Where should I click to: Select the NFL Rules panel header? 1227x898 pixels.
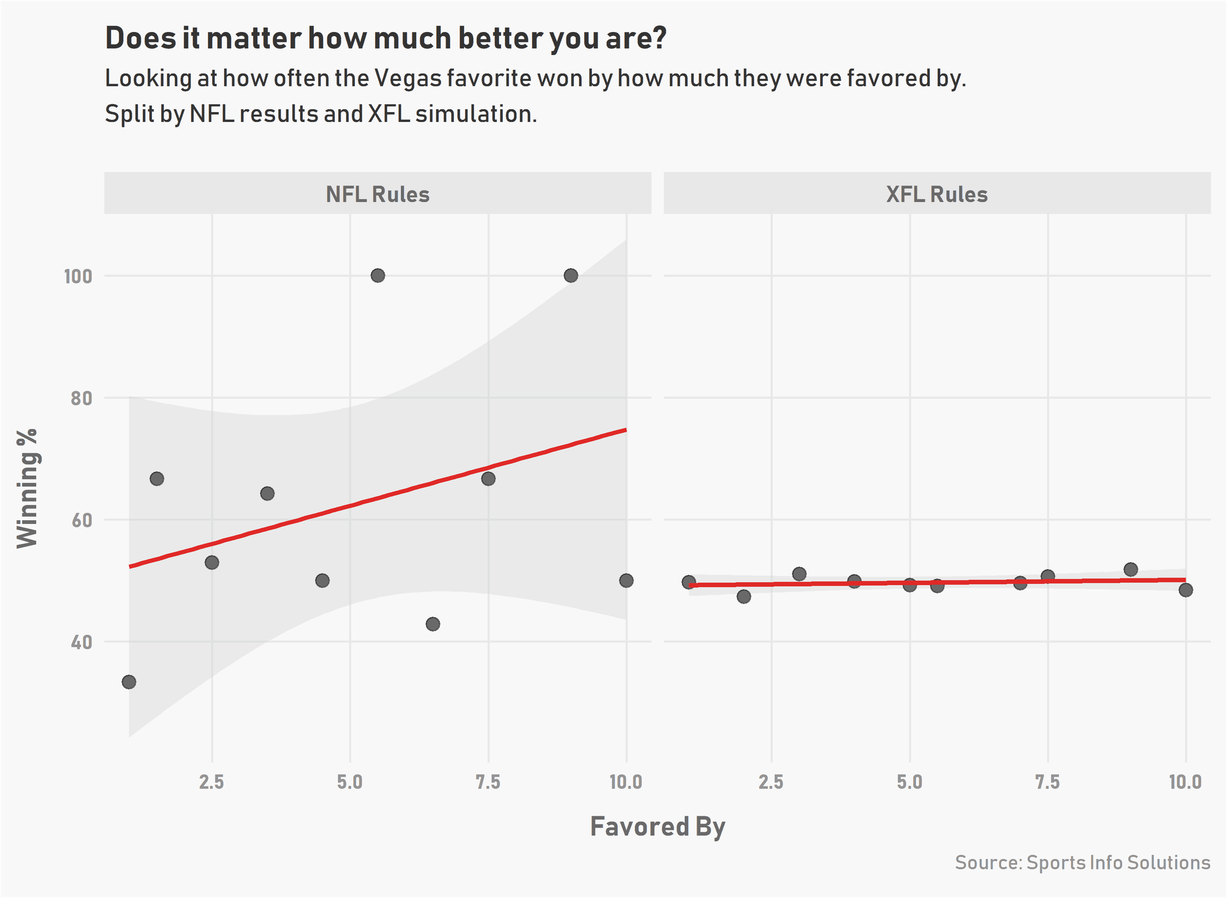pos(378,194)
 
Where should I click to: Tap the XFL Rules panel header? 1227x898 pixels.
pos(937,194)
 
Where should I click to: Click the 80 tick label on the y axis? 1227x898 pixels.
pos(82,398)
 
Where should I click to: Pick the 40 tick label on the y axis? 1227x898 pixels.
pos(82,643)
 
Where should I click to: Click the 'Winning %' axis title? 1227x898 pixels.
pos(27,488)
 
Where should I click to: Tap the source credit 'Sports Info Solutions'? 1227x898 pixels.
pos(1118,863)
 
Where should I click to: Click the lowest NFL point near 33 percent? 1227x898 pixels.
pos(129,682)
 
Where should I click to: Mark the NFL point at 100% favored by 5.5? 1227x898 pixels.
pos(378,276)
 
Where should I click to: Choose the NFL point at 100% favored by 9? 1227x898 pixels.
pos(571,276)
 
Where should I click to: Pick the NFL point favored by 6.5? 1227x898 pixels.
pos(433,624)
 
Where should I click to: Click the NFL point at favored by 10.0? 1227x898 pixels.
pos(626,581)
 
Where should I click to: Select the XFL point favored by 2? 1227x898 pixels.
pos(744,596)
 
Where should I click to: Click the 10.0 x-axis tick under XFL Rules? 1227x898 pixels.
pos(1186,782)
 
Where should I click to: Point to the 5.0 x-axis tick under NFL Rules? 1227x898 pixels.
pos(350,782)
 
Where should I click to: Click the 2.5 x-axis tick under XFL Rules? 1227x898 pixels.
pos(771,782)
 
